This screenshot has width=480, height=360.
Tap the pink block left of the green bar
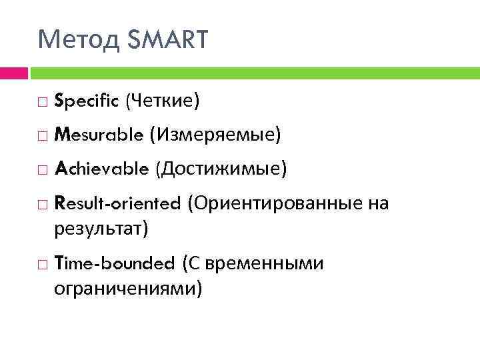[x=13, y=72]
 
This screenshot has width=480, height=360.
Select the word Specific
[x=86, y=101]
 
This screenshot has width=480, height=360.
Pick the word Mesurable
[x=99, y=135]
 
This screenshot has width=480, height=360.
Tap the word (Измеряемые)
[x=215, y=135]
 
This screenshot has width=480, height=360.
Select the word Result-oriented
[x=117, y=203]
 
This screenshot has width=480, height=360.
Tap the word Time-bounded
[x=114, y=263]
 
